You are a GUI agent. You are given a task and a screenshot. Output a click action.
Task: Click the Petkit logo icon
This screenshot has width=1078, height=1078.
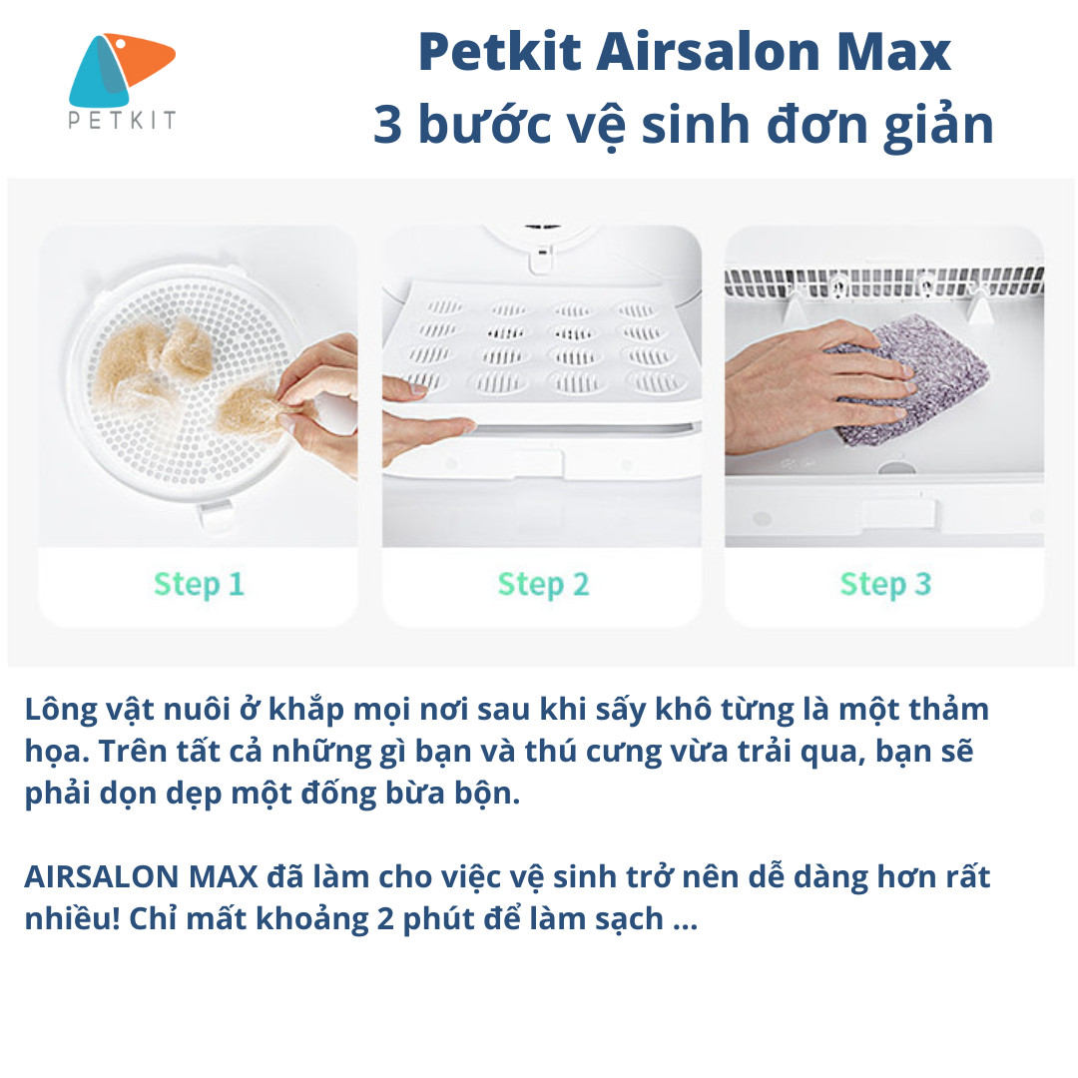(x=122, y=70)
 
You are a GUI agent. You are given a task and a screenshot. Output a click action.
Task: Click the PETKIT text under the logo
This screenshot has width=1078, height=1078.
(x=122, y=121)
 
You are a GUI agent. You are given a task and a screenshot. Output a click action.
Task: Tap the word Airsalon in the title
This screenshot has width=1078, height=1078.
(x=708, y=52)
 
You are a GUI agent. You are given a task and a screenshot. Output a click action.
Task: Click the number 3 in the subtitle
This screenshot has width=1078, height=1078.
(x=387, y=125)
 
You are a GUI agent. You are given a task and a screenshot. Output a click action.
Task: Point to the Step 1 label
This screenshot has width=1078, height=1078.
(x=199, y=584)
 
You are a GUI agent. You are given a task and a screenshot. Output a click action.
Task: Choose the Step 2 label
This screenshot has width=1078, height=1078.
(x=543, y=584)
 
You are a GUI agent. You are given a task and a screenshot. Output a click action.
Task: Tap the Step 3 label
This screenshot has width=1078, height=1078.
(x=885, y=584)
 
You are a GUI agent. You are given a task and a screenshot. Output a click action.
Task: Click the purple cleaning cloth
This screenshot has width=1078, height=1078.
(x=914, y=378)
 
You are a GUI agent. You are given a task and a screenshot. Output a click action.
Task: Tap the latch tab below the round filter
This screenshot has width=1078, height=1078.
(x=216, y=513)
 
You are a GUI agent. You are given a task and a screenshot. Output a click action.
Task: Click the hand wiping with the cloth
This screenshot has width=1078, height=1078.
(x=811, y=386)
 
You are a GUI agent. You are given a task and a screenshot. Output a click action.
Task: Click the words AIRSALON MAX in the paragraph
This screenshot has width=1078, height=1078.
(x=141, y=876)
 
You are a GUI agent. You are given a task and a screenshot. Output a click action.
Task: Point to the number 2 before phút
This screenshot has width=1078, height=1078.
(x=385, y=919)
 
